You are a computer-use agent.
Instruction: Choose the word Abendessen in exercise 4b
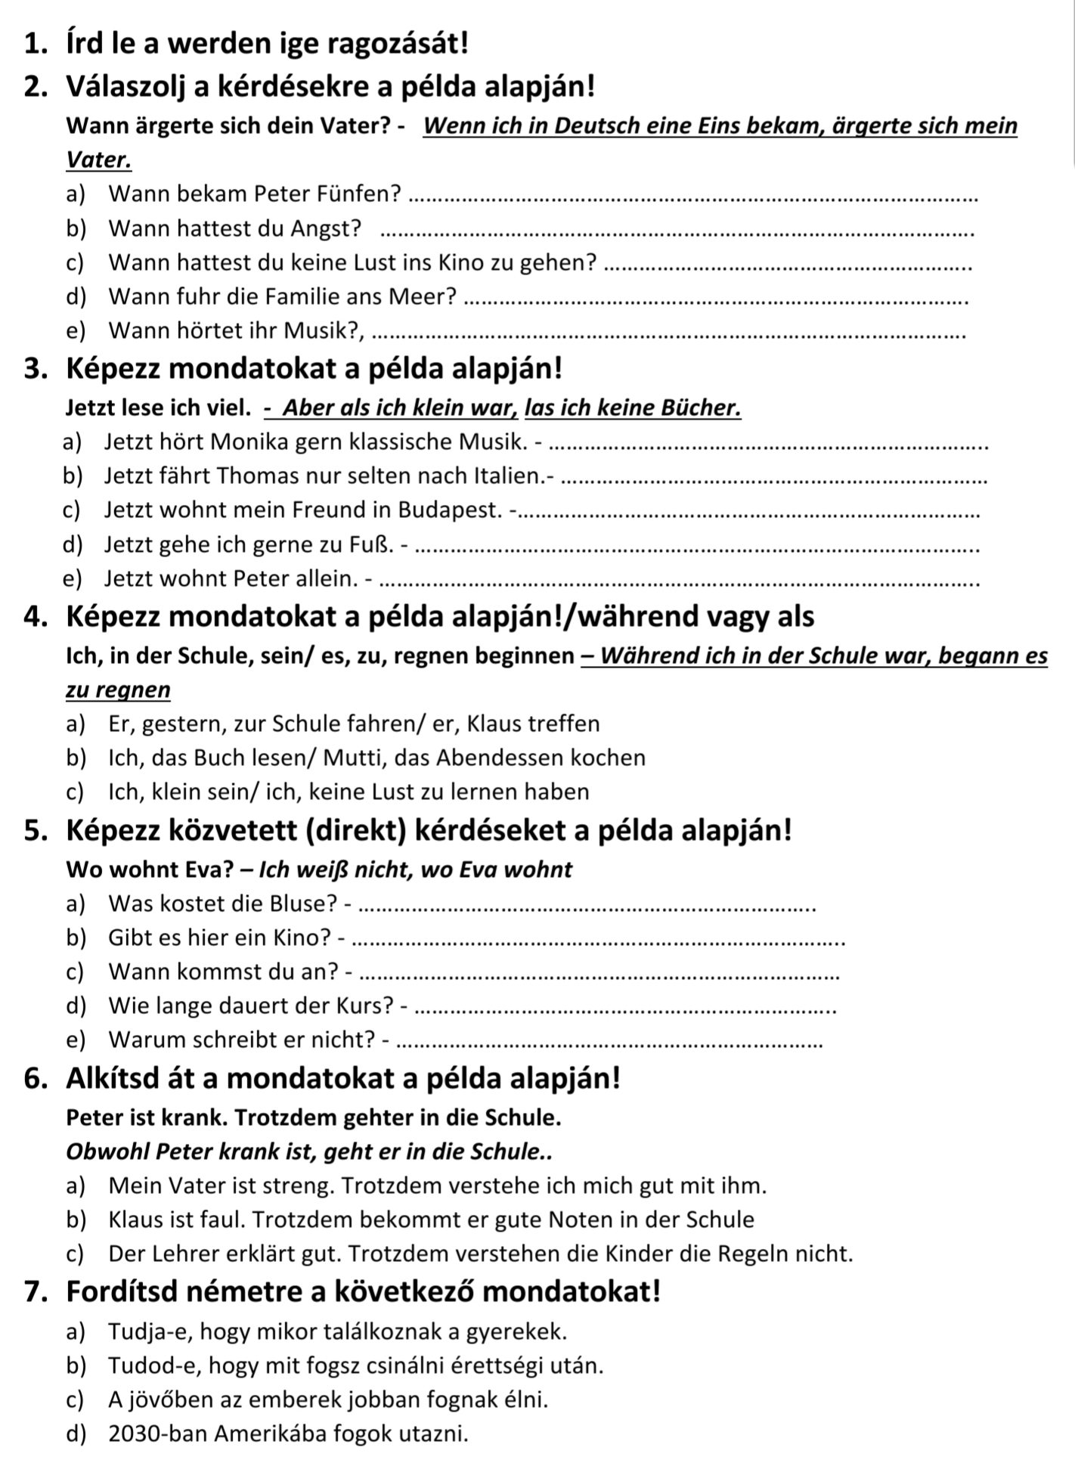519,758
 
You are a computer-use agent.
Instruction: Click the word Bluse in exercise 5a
302,903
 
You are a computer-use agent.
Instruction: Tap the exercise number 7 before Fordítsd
31,1291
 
